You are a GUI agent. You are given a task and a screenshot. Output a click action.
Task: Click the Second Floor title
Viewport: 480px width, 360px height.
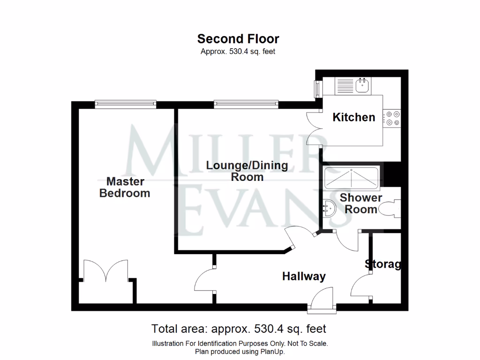click(238, 38)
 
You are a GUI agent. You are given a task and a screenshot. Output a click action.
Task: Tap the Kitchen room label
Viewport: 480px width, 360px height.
click(354, 117)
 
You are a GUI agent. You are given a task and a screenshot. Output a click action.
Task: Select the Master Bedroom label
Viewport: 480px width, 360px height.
click(125, 187)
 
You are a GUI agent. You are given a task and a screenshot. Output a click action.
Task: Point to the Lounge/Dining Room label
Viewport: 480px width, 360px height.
click(247, 171)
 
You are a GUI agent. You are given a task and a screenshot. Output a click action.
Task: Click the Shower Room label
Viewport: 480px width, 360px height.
click(361, 203)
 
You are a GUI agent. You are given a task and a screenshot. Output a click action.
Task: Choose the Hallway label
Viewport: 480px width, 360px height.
click(304, 277)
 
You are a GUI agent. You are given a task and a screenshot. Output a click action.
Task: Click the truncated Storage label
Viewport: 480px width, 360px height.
click(383, 264)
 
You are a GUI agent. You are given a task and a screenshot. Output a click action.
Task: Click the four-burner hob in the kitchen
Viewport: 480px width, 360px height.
click(391, 118)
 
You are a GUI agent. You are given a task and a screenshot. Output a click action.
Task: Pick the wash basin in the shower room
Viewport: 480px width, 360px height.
click(329, 206)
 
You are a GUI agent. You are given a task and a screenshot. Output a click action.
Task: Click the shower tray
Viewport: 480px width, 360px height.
click(351, 175)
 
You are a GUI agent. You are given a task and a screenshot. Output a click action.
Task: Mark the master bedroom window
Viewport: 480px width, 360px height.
click(125, 104)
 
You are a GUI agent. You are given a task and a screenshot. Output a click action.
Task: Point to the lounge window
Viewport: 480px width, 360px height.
click(246, 104)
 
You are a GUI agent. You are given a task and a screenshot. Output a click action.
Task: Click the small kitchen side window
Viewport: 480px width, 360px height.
click(317, 88)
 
